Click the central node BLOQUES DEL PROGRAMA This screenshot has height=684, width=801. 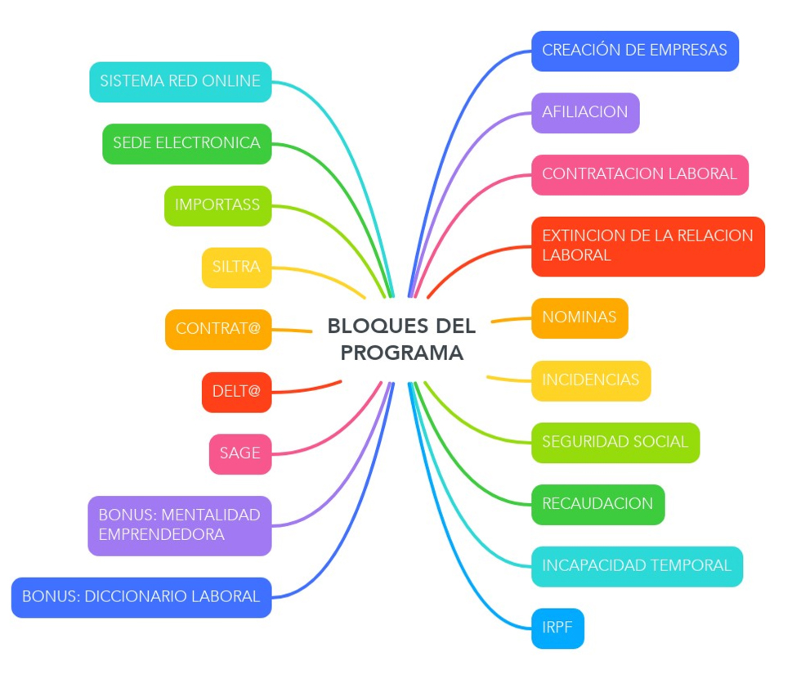point(401,339)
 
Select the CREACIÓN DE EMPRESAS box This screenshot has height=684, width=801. point(634,51)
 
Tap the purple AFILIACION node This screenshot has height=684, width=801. point(585,113)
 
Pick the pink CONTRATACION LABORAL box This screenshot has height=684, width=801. point(639,174)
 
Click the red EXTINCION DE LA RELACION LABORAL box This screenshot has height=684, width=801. point(647,246)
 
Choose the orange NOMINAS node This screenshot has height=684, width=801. point(579,317)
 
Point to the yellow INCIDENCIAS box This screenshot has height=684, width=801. point(591,380)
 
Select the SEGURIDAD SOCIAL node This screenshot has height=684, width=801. point(615,443)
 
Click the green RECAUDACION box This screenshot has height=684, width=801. point(597,504)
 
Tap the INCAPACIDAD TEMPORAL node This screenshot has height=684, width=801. point(637,566)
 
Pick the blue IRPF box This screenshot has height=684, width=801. point(557,628)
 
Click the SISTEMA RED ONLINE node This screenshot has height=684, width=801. point(180,82)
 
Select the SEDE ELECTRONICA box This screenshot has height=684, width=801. point(186,144)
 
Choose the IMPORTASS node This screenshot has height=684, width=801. point(217,205)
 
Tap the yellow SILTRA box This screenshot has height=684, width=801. point(236,268)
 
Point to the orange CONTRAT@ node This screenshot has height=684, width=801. point(218,329)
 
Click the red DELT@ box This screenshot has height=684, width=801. point(236,392)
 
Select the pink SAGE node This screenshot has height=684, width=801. point(239,454)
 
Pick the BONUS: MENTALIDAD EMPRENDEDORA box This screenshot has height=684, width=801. point(179,525)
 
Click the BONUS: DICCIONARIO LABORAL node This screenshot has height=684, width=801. point(141,597)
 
